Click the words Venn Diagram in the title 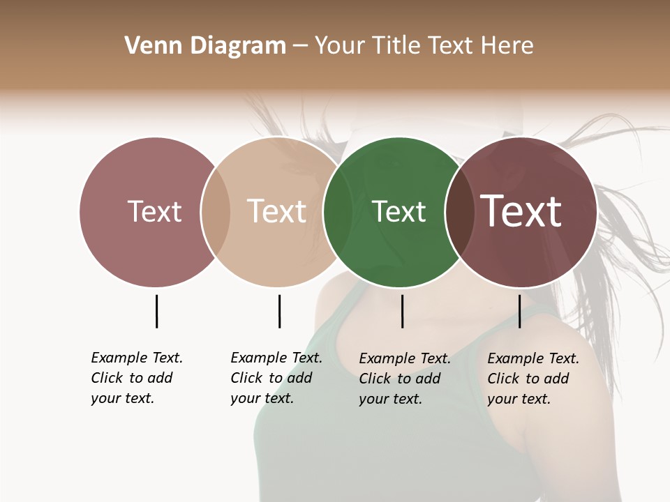pos(205,46)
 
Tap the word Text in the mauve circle pos(155,211)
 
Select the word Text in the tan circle pos(277,211)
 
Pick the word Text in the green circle pos(399,211)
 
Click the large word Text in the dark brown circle pos(521,211)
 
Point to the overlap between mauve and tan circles pos(216,211)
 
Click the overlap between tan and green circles pos(338,211)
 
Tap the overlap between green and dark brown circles pos(459,211)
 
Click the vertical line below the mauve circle pos(156,311)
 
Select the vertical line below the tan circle pos(279,311)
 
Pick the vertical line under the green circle pos(402,311)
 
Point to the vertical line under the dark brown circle pos(519,311)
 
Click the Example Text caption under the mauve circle pos(136,378)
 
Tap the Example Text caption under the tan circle pos(276,378)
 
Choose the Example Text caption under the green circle pos(404,379)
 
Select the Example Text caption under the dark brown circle pos(533,379)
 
